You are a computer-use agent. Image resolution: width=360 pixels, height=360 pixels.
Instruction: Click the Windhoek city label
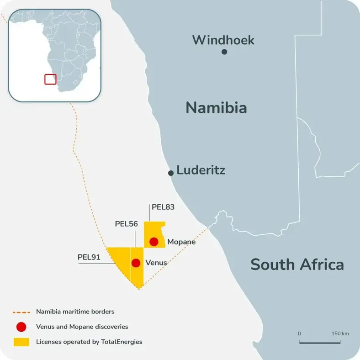coord(223,40)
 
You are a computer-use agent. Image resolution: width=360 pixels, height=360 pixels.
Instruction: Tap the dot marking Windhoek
coord(224,52)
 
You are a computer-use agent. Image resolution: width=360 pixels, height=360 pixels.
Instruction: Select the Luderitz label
coord(201,171)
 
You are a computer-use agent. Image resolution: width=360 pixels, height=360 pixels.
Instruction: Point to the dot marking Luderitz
coord(171,173)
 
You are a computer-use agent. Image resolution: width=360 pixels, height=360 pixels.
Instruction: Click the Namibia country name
coord(216,108)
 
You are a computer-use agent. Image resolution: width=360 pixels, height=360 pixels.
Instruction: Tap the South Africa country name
coord(297,264)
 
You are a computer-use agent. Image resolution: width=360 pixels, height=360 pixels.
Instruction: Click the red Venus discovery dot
coord(136,263)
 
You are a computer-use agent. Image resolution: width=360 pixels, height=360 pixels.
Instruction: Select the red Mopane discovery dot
coord(154,241)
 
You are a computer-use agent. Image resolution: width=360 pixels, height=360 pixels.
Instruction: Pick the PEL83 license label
coord(163,207)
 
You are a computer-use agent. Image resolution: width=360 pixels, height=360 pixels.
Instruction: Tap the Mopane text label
coord(181,242)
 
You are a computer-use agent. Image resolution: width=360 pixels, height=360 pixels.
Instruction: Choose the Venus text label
coord(156,263)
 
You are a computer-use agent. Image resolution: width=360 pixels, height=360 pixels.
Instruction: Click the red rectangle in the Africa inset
coord(50,79)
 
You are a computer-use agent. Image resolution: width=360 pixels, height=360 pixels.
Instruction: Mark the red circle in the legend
coord(21,327)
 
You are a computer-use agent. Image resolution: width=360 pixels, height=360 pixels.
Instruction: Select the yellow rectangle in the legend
coord(21,341)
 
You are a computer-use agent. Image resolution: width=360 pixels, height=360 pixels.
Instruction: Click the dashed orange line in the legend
coord(21,312)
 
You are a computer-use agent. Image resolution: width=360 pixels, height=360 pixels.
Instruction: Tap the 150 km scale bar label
coord(340,334)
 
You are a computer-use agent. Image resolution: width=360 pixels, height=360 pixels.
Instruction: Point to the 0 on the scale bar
coord(299,334)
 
